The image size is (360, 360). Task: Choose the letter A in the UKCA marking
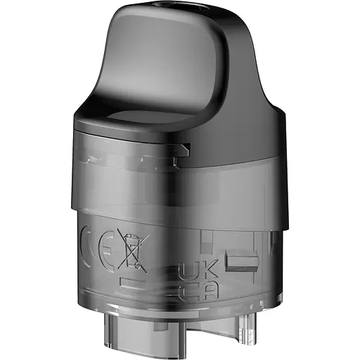(x=196, y=291)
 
